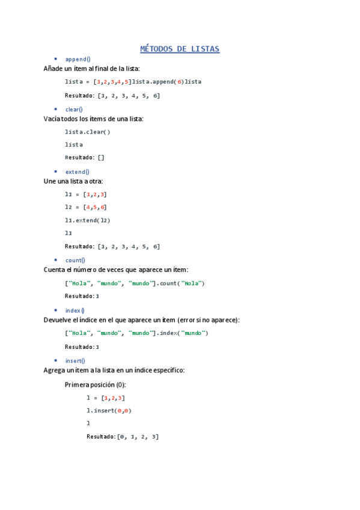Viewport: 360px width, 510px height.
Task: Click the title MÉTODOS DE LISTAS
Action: point(180,49)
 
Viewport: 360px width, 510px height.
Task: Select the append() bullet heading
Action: point(78,59)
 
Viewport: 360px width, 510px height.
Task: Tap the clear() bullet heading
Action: point(74,109)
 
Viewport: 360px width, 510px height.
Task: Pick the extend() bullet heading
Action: point(77,172)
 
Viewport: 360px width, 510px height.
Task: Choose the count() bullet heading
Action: point(75,260)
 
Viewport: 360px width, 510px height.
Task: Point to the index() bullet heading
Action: point(75,310)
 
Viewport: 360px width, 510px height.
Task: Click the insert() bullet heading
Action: point(75,361)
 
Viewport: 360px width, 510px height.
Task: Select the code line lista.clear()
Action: point(88,132)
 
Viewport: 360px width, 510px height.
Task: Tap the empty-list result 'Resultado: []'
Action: point(85,158)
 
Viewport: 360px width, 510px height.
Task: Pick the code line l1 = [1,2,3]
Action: point(86,194)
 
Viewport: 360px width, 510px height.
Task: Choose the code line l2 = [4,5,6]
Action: point(86,207)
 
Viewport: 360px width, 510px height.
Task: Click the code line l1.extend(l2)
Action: point(88,220)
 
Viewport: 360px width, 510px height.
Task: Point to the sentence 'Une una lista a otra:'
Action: point(73,181)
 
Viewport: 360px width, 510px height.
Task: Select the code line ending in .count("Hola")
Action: point(135,283)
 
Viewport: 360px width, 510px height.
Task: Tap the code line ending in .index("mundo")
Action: point(136,333)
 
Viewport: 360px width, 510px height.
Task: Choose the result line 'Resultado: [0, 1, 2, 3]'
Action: point(123,437)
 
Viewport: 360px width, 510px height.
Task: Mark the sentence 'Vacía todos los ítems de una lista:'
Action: point(94,119)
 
